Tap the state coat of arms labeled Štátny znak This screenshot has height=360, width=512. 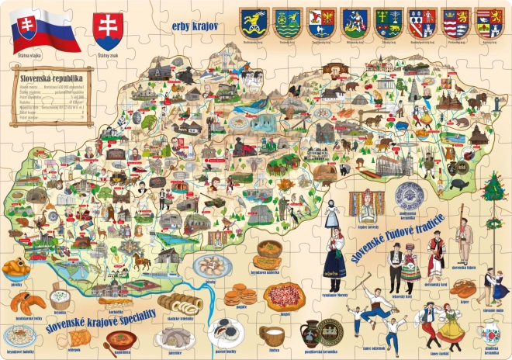click(x=108, y=30)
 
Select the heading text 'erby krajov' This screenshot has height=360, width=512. click(x=195, y=26)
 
